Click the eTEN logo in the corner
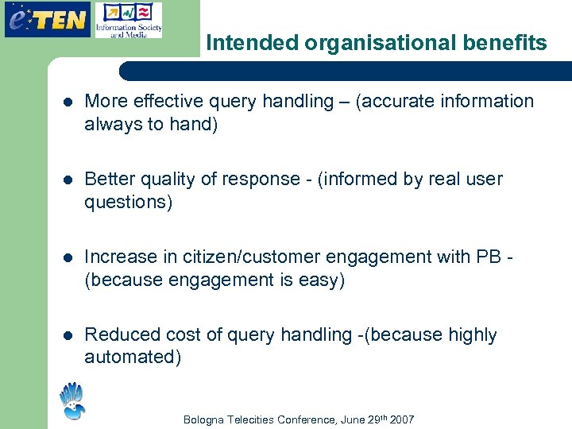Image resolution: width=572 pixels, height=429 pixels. [x=46, y=19]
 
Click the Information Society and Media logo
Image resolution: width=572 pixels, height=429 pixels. [x=128, y=21]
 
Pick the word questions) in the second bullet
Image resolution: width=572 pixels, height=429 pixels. [x=128, y=202]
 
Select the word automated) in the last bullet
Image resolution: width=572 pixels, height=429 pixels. [x=133, y=357]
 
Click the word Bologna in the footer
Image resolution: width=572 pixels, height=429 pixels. [x=204, y=419]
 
